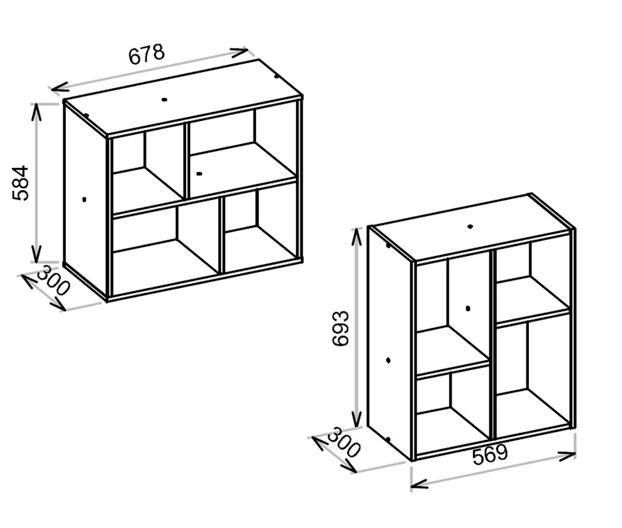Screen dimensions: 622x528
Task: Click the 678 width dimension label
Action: point(147,54)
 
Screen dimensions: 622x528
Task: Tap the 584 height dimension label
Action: point(20,183)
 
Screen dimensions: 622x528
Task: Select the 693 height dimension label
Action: point(340,329)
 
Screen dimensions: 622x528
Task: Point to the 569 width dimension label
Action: point(490,454)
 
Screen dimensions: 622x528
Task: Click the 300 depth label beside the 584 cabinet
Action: point(53,281)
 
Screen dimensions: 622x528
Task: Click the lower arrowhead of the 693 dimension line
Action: point(357,418)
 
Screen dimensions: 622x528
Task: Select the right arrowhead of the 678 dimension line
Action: point(239,52)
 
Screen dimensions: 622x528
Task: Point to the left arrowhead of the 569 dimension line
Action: point(419,492)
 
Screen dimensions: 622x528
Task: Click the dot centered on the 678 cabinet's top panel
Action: point(164,99)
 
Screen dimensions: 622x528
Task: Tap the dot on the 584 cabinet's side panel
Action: point(84,199)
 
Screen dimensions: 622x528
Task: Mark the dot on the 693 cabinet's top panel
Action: point(470,226)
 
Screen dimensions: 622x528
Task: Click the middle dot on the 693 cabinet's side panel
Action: point(388,360)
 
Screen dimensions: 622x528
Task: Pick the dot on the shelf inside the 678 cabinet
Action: point(199,174)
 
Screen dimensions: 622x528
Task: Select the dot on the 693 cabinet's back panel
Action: point(468,308)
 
